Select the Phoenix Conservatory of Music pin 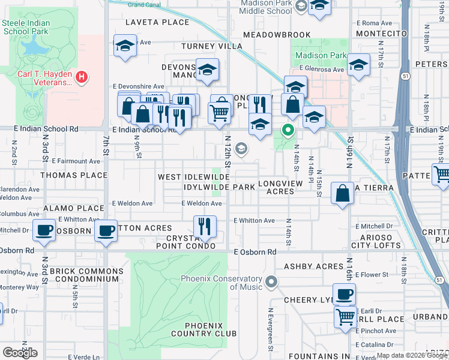coord(271,281)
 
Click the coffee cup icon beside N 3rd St coord(44,230)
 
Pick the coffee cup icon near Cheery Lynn coord(344,294)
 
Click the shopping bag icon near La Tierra coord(342,193)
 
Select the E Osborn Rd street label coord(255,252)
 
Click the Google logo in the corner coord(20,353)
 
